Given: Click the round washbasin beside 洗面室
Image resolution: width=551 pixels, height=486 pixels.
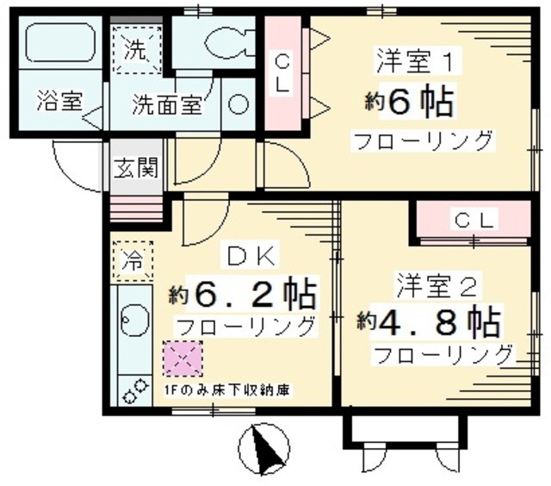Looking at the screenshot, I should pos(238,104).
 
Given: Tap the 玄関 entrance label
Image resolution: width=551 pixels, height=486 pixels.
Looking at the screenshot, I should pos(136,166).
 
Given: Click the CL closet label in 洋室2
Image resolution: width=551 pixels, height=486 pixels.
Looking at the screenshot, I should pos(474,221).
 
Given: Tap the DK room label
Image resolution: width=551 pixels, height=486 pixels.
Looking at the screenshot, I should pos(250,255).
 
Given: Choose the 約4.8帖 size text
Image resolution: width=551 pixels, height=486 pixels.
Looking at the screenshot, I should pos(429,322).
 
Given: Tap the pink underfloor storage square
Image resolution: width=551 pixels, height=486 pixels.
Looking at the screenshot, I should pos(180,358).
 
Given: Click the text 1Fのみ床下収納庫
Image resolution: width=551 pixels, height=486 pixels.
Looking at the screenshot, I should pos(226,389).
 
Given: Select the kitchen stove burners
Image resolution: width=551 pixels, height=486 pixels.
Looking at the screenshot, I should pos(133,391).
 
